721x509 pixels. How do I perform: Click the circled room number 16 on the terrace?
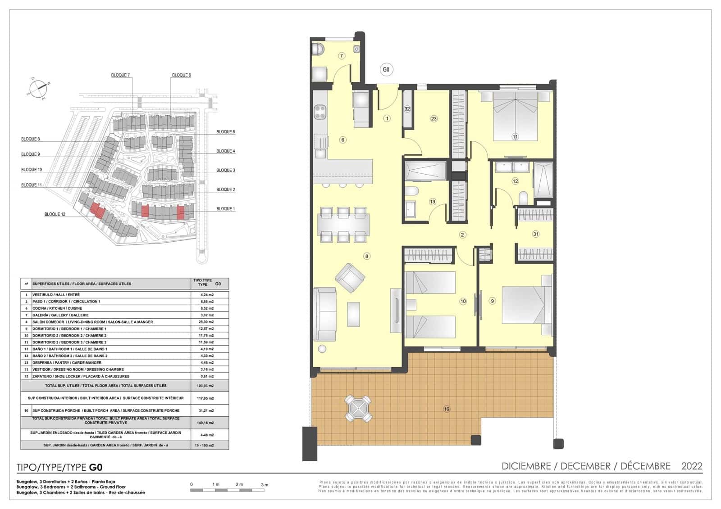point(446,409)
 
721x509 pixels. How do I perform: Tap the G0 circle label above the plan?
point(386,69)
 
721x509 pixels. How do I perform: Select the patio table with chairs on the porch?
point(358,409)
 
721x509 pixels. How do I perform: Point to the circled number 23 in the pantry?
point(434,119)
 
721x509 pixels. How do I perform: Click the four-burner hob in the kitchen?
point(320,112)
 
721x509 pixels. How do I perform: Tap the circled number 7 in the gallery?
point(342,56)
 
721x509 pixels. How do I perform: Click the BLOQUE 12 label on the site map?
point(55,214)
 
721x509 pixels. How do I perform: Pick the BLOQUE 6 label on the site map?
point(181,75)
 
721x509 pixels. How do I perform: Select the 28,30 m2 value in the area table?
point(207,322)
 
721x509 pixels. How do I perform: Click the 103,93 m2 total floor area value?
point(207,386)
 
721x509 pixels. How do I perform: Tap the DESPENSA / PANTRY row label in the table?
point(67,362)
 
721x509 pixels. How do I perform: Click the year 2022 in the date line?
point(692,466)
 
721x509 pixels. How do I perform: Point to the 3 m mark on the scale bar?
point(264,485)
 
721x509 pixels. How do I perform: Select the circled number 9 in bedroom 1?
point(492,301)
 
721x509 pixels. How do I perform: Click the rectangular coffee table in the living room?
point(353,314)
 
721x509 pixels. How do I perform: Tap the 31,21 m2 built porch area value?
point(207,410)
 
